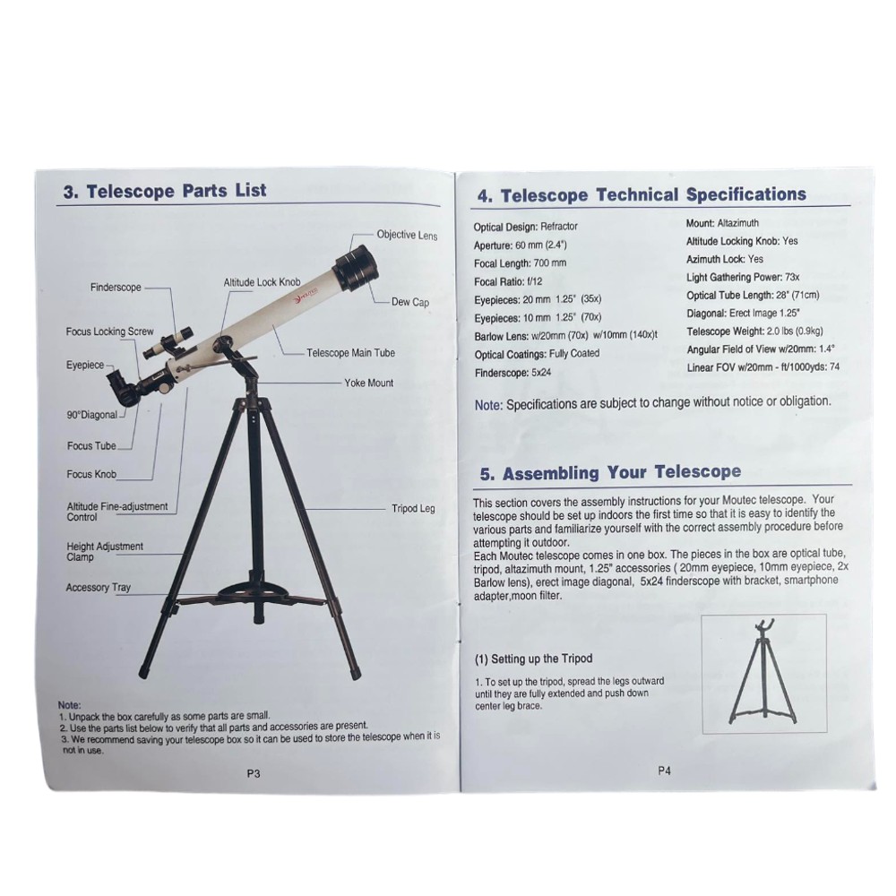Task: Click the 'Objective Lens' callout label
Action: [x=407, y=235]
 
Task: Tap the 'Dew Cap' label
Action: [x=410, y=302]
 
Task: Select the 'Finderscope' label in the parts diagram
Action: [x=116, y=287]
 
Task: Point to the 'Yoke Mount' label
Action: [x=368, y=383]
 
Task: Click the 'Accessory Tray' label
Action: [x=99, y=587]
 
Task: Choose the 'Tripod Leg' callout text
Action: [x=413, y=508]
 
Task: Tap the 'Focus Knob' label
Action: [x=91, y=474]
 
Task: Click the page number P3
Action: [x=254, y=773]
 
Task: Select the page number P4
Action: [x=664, y=771]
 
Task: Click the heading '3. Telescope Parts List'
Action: [x=165, y=190]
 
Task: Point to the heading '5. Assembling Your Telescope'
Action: [x=610, y=472]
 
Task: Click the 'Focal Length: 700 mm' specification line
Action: [x=520, y=263]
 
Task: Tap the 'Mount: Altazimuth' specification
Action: [x=722, y=223]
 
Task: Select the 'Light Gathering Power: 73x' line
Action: [x=743, y=277]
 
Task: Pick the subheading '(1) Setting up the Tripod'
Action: [x=534, y=659]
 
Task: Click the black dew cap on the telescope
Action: [x=357, y=266]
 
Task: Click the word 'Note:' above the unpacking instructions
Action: [x=70, y=705]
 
